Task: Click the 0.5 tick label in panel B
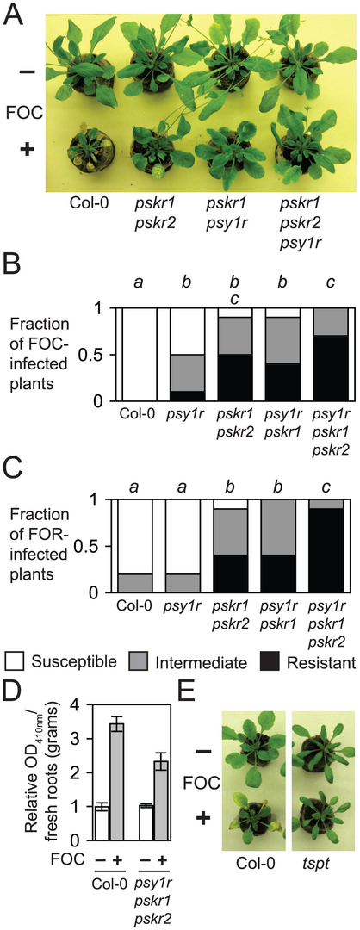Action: (x=95, y=356)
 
